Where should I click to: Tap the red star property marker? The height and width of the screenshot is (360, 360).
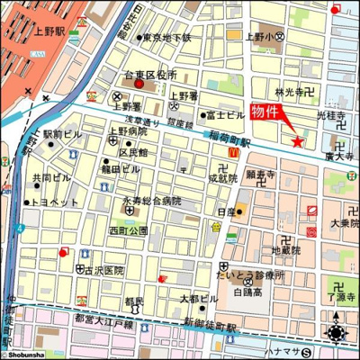click(298, 139)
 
